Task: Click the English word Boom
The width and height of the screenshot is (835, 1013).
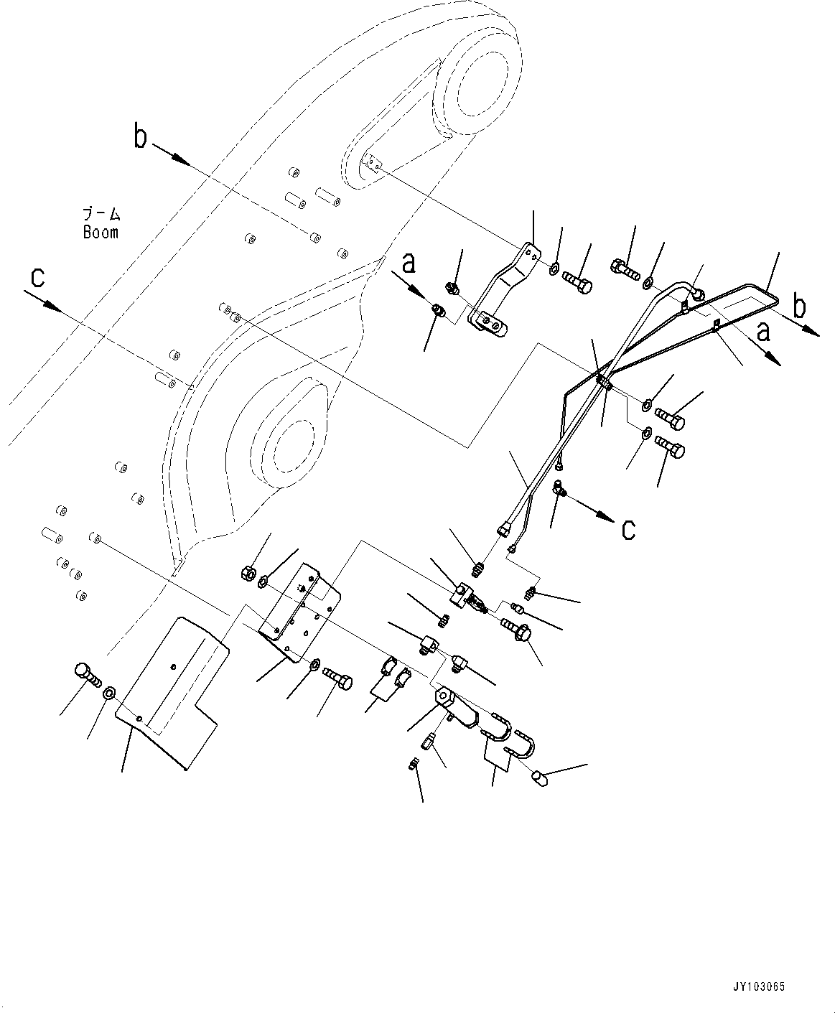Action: point(100,233)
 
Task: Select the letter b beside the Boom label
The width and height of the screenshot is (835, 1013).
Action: point(141,136)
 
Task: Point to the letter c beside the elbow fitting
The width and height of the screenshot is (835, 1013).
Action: point(628,529)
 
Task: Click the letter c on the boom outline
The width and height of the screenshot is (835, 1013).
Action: point(37,277)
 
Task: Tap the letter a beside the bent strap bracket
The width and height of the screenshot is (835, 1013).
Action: point(409,264)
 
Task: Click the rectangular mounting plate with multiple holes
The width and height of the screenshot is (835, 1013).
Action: point(300,603)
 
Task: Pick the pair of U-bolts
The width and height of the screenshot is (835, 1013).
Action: point(511,732)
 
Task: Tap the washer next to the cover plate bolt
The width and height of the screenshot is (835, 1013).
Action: point(109,694)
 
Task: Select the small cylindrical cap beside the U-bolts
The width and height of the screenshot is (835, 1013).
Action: point(541,778)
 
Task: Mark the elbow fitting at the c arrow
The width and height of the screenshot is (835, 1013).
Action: point(559,490)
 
